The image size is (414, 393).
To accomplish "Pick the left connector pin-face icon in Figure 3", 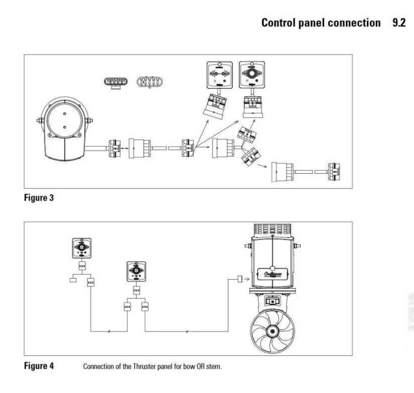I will coord(114,82).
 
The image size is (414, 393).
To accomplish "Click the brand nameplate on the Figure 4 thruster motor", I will coord(273,272).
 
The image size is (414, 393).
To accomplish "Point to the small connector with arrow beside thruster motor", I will coord(240,279).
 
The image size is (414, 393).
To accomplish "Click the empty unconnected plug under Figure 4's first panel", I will coord(72,280).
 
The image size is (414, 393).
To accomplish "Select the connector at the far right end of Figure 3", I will coord(332,170).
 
